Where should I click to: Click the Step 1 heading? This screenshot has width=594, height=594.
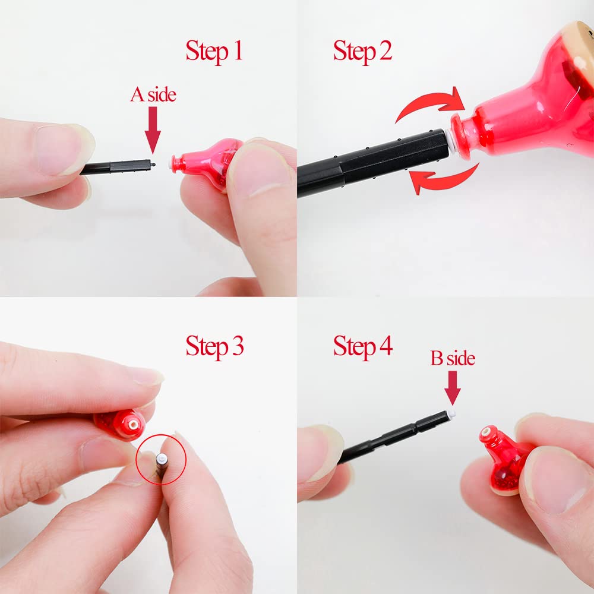(x=214, y=51)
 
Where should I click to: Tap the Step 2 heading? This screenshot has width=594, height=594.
(x=362, y=51)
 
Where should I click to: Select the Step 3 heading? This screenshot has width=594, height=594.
(x=214, y=346)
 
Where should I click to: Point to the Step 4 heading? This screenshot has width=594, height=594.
(x=362, y=346)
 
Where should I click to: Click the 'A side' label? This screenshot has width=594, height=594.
(x=153, y=94)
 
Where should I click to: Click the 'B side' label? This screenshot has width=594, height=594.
(x=453, y=358)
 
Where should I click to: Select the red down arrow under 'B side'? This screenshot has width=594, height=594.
(x=453, y=388)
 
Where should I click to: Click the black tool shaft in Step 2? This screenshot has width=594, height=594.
(x=373, y=163)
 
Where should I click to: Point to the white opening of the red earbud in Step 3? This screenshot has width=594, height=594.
(x=133, y=425)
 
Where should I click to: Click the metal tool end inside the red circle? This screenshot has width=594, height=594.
(x=162, y=460)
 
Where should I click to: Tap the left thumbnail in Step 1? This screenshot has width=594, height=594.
(x=61, y=150)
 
